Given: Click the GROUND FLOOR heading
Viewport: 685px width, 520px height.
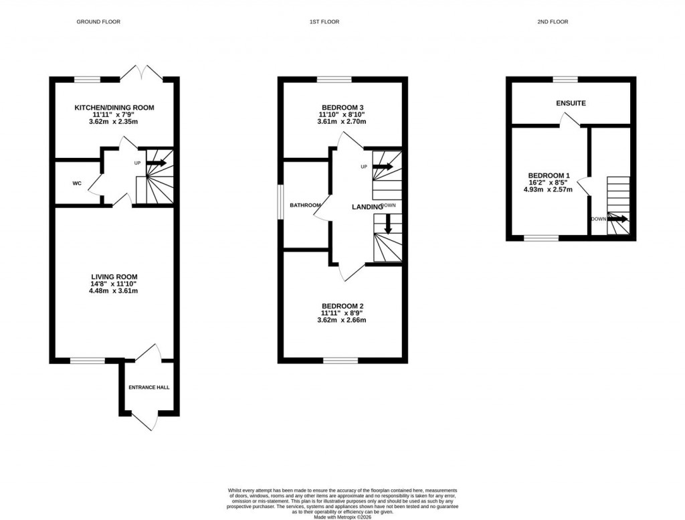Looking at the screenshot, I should point(98,22).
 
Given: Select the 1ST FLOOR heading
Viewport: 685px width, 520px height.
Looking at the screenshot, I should point(324,22).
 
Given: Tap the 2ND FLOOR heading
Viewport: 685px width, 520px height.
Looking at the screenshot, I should point(553,22).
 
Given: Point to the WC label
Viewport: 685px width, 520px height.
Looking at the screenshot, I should point(77,183).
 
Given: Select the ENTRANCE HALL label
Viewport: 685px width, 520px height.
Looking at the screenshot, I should point(149,387).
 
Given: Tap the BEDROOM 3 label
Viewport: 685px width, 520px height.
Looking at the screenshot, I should point(342,107).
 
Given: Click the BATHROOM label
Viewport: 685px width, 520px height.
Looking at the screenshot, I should point(305,205).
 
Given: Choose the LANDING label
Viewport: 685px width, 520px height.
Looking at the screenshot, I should point(367,207).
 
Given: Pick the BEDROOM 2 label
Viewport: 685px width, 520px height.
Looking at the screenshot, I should point(342,306).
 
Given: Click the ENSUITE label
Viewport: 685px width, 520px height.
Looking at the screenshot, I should point(571,104).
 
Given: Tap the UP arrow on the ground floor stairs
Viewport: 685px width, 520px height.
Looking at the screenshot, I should point(157,162).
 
